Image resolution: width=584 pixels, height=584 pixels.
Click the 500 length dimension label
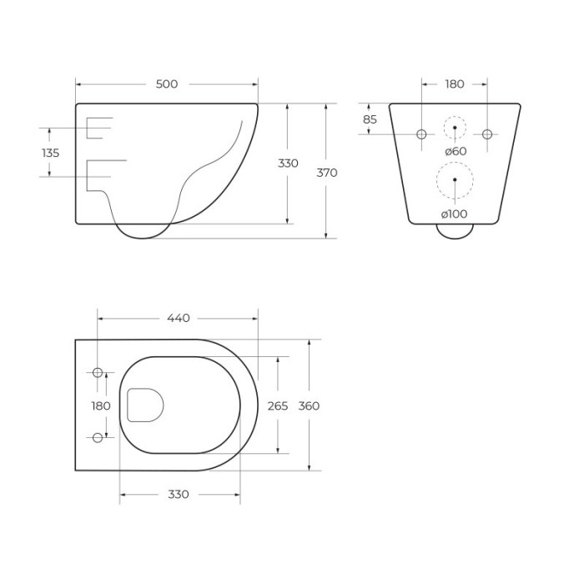(x=166, y=84)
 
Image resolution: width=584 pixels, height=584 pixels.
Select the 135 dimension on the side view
(x=50, y=153)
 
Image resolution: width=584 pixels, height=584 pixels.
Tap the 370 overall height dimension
(x=327, y=173)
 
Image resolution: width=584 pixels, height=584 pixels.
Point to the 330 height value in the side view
(x=287, y=164)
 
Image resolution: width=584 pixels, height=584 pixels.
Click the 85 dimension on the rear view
(x=370, y=119)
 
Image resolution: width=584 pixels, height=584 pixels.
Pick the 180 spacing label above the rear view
(x=455, y=84)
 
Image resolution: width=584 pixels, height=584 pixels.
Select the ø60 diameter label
(x=455, y=151)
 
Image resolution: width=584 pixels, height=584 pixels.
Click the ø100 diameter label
(x=455, y=214)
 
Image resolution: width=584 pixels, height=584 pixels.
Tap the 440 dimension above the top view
(x=179, y=318)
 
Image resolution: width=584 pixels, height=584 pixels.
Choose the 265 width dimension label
(x=277, y=405)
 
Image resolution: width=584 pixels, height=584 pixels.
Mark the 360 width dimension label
(x=309, y=405)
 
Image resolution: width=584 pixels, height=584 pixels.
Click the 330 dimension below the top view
(x=179, y=494)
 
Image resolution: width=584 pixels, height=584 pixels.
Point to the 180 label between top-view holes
(x=100, y=405)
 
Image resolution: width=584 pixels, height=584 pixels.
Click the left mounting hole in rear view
(x=421, y=134)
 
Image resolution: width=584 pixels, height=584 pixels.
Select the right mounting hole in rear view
(x=487, y=134)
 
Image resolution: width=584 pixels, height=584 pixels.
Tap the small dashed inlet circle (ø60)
(x=455, y=128)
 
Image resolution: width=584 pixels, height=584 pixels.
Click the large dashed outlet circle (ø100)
(x=455, y=180)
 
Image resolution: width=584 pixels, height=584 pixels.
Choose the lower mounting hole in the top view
(x=98, y=437)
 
